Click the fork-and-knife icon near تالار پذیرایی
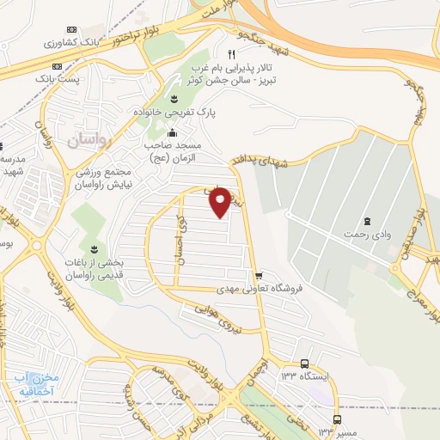coord(231,54)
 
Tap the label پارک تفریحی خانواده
coord(174,113)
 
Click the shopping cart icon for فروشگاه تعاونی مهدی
coord(258,276)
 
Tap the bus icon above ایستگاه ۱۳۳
coord(306,364)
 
